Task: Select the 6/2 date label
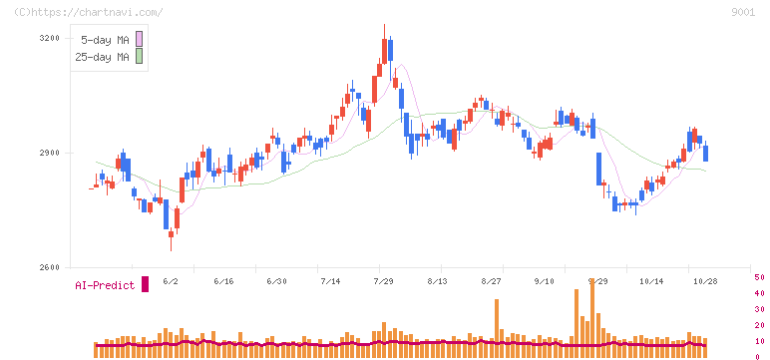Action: [x=171, y=281]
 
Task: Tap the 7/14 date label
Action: [x=330, y=281]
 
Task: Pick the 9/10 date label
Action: [x=544, y=281]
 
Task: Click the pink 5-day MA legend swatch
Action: [x=139, y=39]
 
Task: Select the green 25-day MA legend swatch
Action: [x=139, y=56]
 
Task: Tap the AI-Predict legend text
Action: [x=105, y=285]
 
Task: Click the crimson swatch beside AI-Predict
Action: [x=145, y=284]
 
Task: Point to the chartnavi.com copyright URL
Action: [x=89, y=12]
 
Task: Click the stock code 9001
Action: [x=743, y=13]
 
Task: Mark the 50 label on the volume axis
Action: [x=759, y=277]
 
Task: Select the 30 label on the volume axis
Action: [x=759, y=309]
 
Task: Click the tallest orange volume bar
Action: [x=592, y=318]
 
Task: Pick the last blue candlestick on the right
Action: [x=706, y=154]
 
